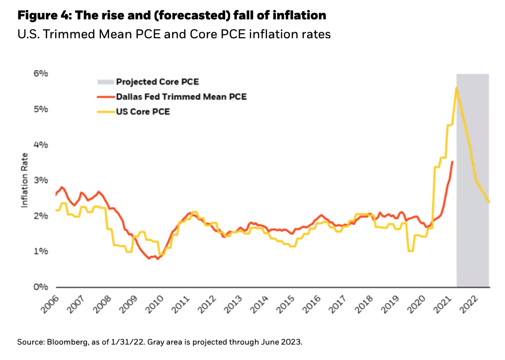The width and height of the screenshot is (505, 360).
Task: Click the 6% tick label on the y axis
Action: [41, 74]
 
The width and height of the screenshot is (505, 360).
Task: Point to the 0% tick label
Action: [41, 287]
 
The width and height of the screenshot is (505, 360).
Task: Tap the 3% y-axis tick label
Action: [41, 180]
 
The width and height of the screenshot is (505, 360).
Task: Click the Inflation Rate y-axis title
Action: [24, 180]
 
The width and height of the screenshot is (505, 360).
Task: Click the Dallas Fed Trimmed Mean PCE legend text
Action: [181, 96]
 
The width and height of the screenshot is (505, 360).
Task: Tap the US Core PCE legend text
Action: [143, 111]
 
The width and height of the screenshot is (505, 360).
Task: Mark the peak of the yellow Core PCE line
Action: [456, 88]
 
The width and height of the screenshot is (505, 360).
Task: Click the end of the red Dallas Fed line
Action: [452, 162]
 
